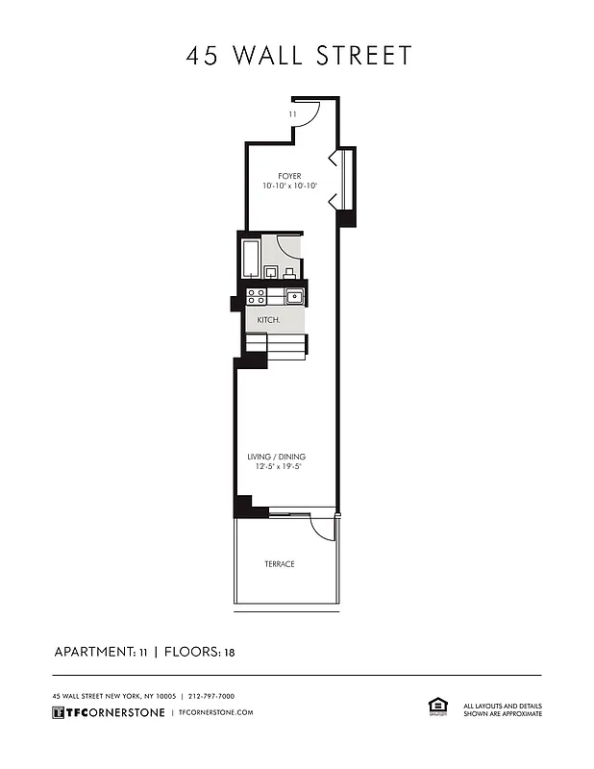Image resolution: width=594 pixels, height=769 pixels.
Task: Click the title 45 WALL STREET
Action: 298,55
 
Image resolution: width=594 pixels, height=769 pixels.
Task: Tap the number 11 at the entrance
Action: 292,114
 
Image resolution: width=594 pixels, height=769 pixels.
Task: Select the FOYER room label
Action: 289,176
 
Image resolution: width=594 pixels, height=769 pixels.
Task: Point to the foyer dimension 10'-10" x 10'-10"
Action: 289,186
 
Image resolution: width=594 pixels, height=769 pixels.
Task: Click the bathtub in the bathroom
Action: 251,258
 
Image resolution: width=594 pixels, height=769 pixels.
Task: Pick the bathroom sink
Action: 289,272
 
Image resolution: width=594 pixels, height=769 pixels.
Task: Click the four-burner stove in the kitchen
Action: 256,296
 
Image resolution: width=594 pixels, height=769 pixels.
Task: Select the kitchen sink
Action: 293,295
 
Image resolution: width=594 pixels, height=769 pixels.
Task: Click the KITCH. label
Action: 268,319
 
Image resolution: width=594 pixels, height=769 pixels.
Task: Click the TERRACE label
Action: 280,564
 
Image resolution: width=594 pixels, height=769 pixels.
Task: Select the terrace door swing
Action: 323,527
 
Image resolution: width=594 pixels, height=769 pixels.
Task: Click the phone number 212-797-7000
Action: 211,696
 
